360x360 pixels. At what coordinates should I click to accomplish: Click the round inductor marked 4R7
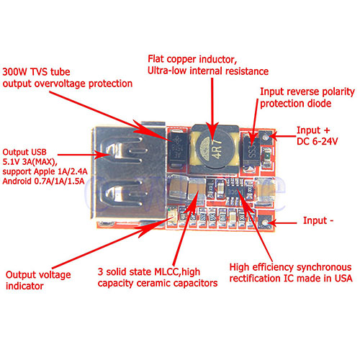215,149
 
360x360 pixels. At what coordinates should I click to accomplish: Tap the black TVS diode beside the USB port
178,149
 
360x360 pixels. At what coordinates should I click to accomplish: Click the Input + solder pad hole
266,138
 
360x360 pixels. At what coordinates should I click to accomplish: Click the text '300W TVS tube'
36,72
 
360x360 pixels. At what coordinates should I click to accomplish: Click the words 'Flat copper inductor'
192,59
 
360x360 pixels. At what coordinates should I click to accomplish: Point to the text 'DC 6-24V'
317,141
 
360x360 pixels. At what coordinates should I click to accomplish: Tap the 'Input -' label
318,220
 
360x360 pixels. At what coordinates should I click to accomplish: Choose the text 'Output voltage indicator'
38,280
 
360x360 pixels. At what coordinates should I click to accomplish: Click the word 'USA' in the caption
343,279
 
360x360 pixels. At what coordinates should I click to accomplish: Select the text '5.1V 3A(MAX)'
30,162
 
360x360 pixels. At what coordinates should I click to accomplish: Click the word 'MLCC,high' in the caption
177,272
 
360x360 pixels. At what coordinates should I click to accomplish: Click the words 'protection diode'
296,104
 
